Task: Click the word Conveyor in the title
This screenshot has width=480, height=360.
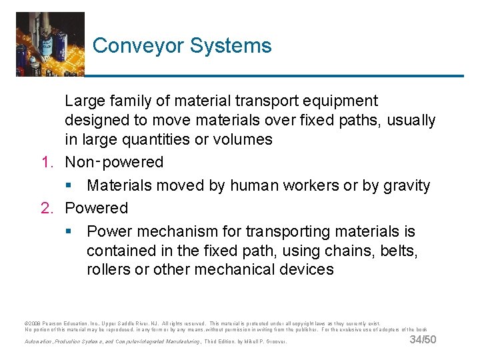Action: pos(138,46)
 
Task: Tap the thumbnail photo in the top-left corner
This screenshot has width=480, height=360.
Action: pos(50,44)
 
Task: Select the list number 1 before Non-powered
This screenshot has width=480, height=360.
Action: pos(47,163)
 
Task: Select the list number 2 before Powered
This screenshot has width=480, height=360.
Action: pos(47,209)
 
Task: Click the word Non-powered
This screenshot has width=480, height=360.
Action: pos(114,163)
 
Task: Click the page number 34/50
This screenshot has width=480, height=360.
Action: pos(423,340)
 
